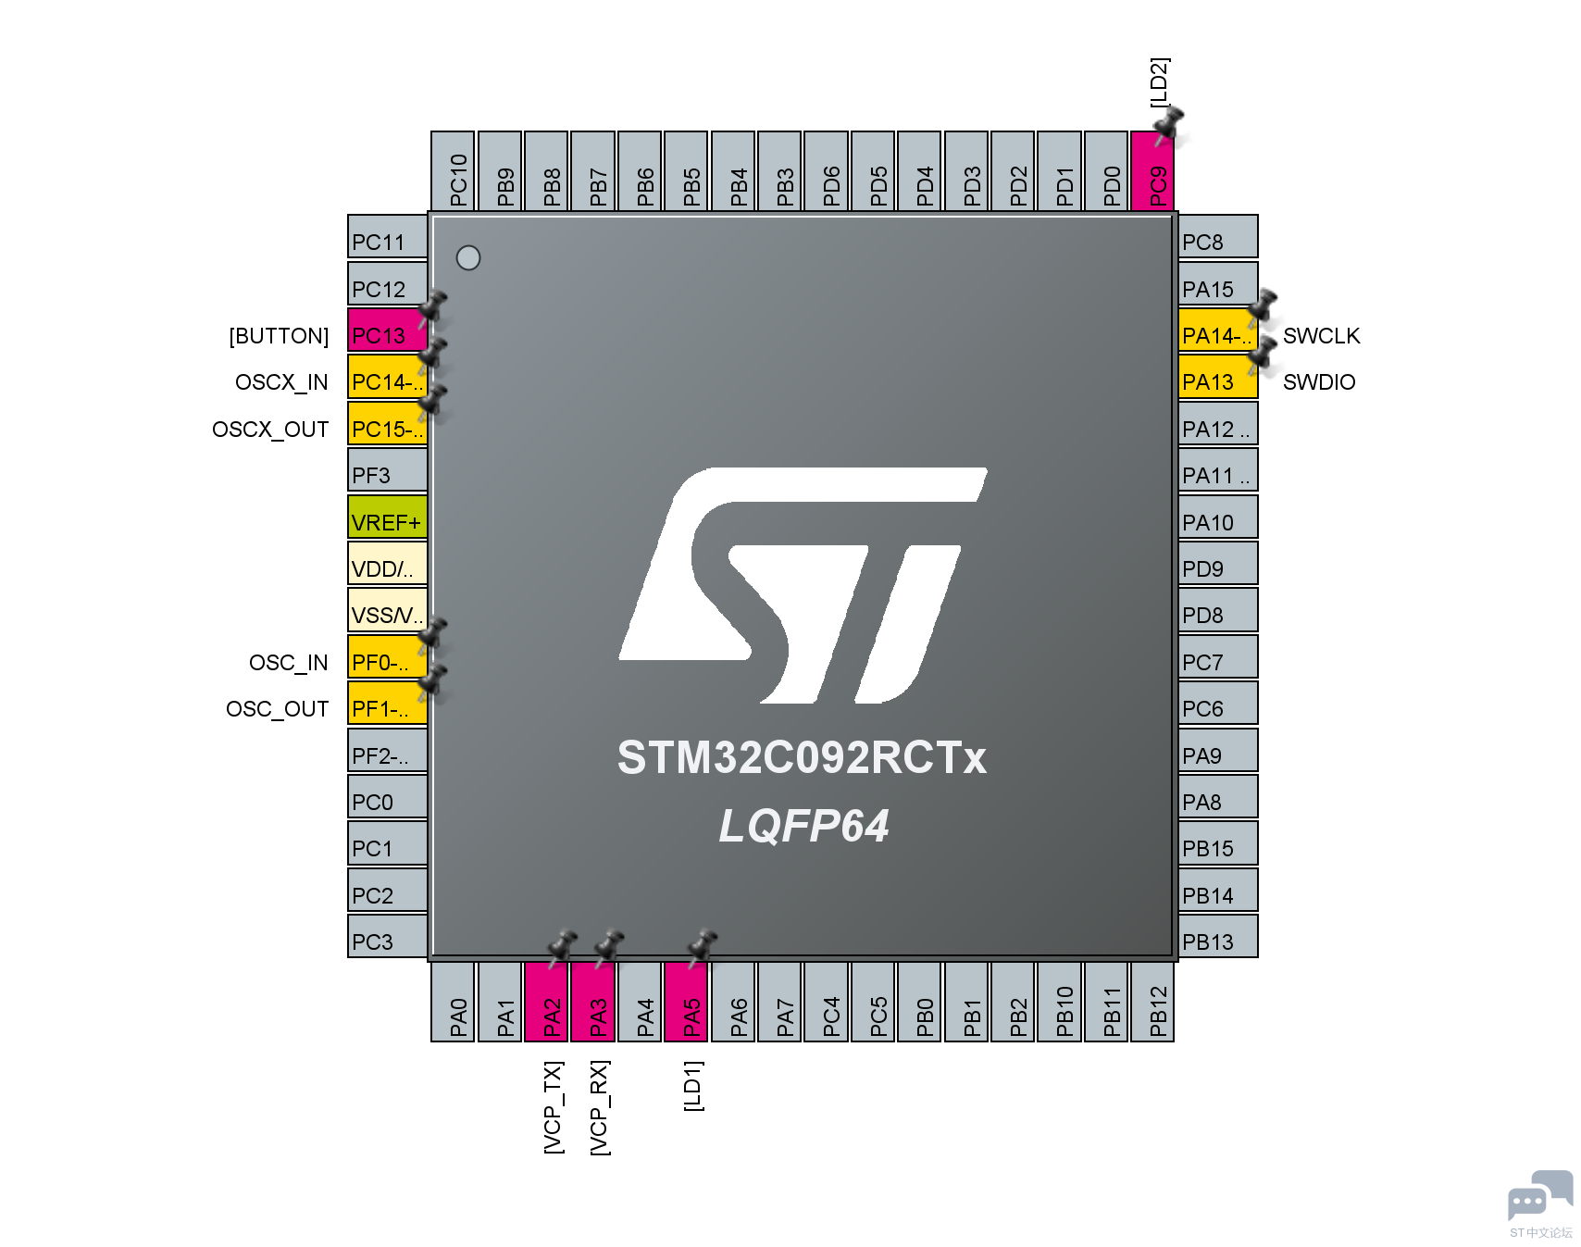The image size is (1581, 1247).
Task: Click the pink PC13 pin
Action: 387,330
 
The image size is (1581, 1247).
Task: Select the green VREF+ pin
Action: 387,517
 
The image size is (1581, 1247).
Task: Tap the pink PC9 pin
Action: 1152,171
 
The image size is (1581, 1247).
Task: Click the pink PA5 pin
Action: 686,1002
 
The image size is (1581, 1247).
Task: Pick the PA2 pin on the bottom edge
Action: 546,1002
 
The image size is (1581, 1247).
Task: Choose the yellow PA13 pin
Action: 1218,377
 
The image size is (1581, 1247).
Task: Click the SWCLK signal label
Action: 1321,336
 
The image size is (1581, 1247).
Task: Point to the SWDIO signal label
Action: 1319,382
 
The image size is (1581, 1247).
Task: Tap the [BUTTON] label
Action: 279,336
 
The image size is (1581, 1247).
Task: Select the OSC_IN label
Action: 289,663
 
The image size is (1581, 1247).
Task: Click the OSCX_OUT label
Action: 270,430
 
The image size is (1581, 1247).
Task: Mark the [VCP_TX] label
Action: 554,1107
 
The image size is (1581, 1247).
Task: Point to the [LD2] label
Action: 1160,82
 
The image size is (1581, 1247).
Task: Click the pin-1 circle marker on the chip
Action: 468,257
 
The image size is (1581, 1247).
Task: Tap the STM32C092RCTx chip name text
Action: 802,757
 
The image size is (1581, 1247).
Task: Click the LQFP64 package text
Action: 803,826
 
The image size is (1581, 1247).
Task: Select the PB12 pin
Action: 1152,1002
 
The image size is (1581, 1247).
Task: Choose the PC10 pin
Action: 453,171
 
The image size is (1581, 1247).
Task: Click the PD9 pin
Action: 1218,563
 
